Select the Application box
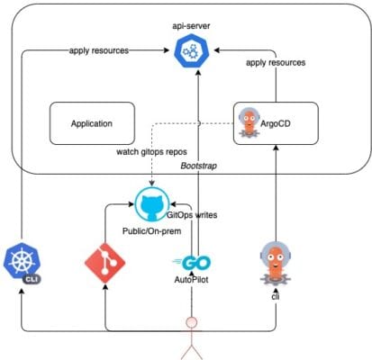pyautogui.click(x=91, y=124)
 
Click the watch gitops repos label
pyautogui.click(x=151, y=152)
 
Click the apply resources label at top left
pyautogui.click(x=98, y=50)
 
